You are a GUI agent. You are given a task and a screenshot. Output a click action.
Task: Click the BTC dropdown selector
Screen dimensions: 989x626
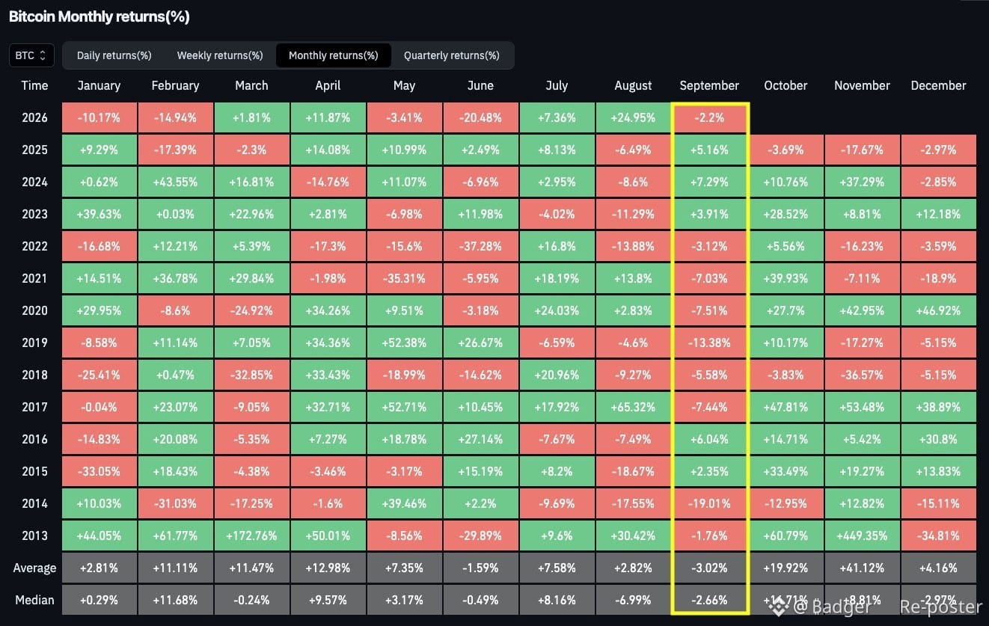(31, 55)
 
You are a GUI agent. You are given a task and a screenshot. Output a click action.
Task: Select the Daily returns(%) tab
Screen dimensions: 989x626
(114, 55)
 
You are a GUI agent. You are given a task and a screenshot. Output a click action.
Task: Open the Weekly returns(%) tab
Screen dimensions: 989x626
(220, 55)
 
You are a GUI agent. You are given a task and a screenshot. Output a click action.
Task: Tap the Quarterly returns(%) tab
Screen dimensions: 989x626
(452, 55)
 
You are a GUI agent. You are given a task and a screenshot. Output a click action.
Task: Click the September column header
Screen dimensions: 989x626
(709, 85)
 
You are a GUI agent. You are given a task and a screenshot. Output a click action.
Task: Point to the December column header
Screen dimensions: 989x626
(938, 85)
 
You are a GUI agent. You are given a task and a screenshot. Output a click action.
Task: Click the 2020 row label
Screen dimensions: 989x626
(34, 310)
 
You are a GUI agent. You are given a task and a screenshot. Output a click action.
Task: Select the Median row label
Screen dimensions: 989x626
(34, 600)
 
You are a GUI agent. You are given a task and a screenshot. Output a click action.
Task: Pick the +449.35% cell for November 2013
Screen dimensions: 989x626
(862, 536)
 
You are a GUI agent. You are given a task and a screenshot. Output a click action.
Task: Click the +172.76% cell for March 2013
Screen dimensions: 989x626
(251, 536)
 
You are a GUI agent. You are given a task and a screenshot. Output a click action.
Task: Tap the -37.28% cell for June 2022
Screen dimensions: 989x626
(480, 246)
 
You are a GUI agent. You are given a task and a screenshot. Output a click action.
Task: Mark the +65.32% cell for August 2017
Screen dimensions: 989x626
(633, 407)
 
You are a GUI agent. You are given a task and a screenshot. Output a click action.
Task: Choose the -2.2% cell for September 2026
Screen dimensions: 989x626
(709, 118)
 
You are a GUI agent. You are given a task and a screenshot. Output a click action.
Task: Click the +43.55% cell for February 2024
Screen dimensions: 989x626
(175, 182)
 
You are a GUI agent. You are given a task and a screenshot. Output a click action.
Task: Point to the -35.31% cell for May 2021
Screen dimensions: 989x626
(404, 278)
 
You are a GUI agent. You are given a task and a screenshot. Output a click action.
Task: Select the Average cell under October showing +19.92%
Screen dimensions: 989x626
(786, 568)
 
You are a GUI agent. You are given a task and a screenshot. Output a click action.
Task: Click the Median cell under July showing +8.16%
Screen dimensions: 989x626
(557, 600)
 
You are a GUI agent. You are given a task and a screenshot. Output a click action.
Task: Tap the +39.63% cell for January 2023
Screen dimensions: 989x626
(99, 214)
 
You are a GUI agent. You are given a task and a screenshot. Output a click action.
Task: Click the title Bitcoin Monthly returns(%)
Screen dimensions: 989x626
(99, 16)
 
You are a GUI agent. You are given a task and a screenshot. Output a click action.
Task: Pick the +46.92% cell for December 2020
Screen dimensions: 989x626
(938, 310)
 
